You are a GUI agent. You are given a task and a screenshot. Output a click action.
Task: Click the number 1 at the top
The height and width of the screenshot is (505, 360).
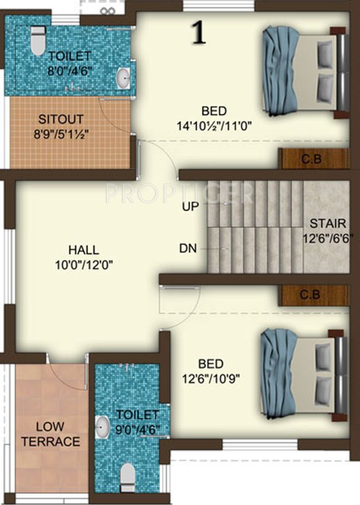point(197,32)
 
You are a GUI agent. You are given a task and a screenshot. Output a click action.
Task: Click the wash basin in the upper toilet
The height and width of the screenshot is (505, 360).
point(123,78)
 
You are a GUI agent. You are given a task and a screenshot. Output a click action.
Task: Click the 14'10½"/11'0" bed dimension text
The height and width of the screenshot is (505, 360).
point(214,124)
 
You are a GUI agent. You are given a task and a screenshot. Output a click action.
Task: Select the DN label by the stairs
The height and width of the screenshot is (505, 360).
point(188,249)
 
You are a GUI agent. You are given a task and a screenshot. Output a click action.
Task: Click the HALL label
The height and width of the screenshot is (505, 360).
point(84,250)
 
